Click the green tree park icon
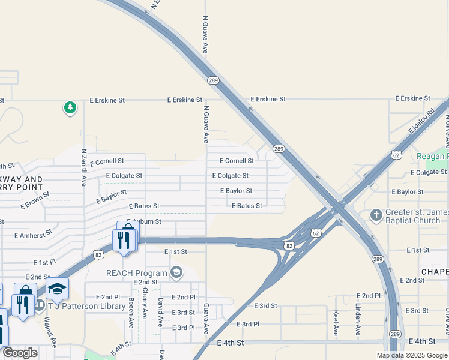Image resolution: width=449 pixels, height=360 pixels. pos(71,108)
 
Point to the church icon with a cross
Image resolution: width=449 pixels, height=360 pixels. pos(376,215)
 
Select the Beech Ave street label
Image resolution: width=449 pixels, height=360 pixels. pos(131,313)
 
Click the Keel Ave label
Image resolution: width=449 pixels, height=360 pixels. pos(335,323)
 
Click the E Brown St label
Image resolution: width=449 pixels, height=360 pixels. pos(35,201)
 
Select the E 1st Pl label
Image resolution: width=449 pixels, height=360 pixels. pos(44,263)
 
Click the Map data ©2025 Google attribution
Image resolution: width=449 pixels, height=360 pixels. pos(411,355)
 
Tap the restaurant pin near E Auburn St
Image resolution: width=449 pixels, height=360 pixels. pos(122,241)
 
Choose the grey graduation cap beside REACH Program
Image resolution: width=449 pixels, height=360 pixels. pos(176,273)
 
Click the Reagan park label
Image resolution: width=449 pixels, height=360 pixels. pos(432,156)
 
